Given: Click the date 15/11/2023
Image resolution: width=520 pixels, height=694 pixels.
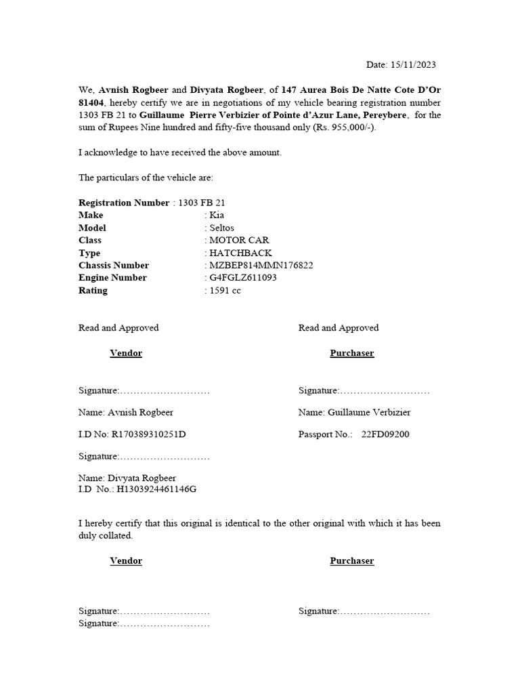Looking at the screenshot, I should pyautogui.click(x=413, y=65).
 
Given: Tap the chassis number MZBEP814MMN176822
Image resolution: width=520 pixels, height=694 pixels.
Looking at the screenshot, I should pyautogui.click(x=261, y=266).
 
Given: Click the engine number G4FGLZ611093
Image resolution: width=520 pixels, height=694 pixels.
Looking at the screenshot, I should pyautogui.click(x=242, y=278).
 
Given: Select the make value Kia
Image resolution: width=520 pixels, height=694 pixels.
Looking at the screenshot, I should pyautogui.click(x=217, y=215).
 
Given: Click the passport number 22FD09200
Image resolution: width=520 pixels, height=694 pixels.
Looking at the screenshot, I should pyautogui.click(x=385, y=434).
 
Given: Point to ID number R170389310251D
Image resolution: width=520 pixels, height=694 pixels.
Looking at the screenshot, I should pyautogui.click(x=148, y=434).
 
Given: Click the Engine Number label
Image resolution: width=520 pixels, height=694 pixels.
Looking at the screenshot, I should pyautogui.click(x=112, y=278).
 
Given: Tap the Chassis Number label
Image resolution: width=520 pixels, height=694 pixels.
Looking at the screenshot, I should pyautogui.click(x=114, y=266).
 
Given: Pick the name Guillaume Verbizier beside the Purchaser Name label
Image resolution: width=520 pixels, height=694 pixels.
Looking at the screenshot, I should pyautogui.click(x=369, y=412).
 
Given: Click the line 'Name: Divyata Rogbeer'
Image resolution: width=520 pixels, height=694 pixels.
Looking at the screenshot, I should pyautogui.click(x=127, y=478).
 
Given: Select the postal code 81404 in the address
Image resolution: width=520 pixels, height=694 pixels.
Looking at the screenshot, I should pyautogui.click(x=91, y=102).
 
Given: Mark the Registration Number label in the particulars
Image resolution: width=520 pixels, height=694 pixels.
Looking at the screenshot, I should pyautogui.click(x=124, y=203).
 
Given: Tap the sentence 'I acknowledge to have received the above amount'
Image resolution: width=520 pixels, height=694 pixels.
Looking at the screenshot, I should pyautogui.click(x=180, y=152).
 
